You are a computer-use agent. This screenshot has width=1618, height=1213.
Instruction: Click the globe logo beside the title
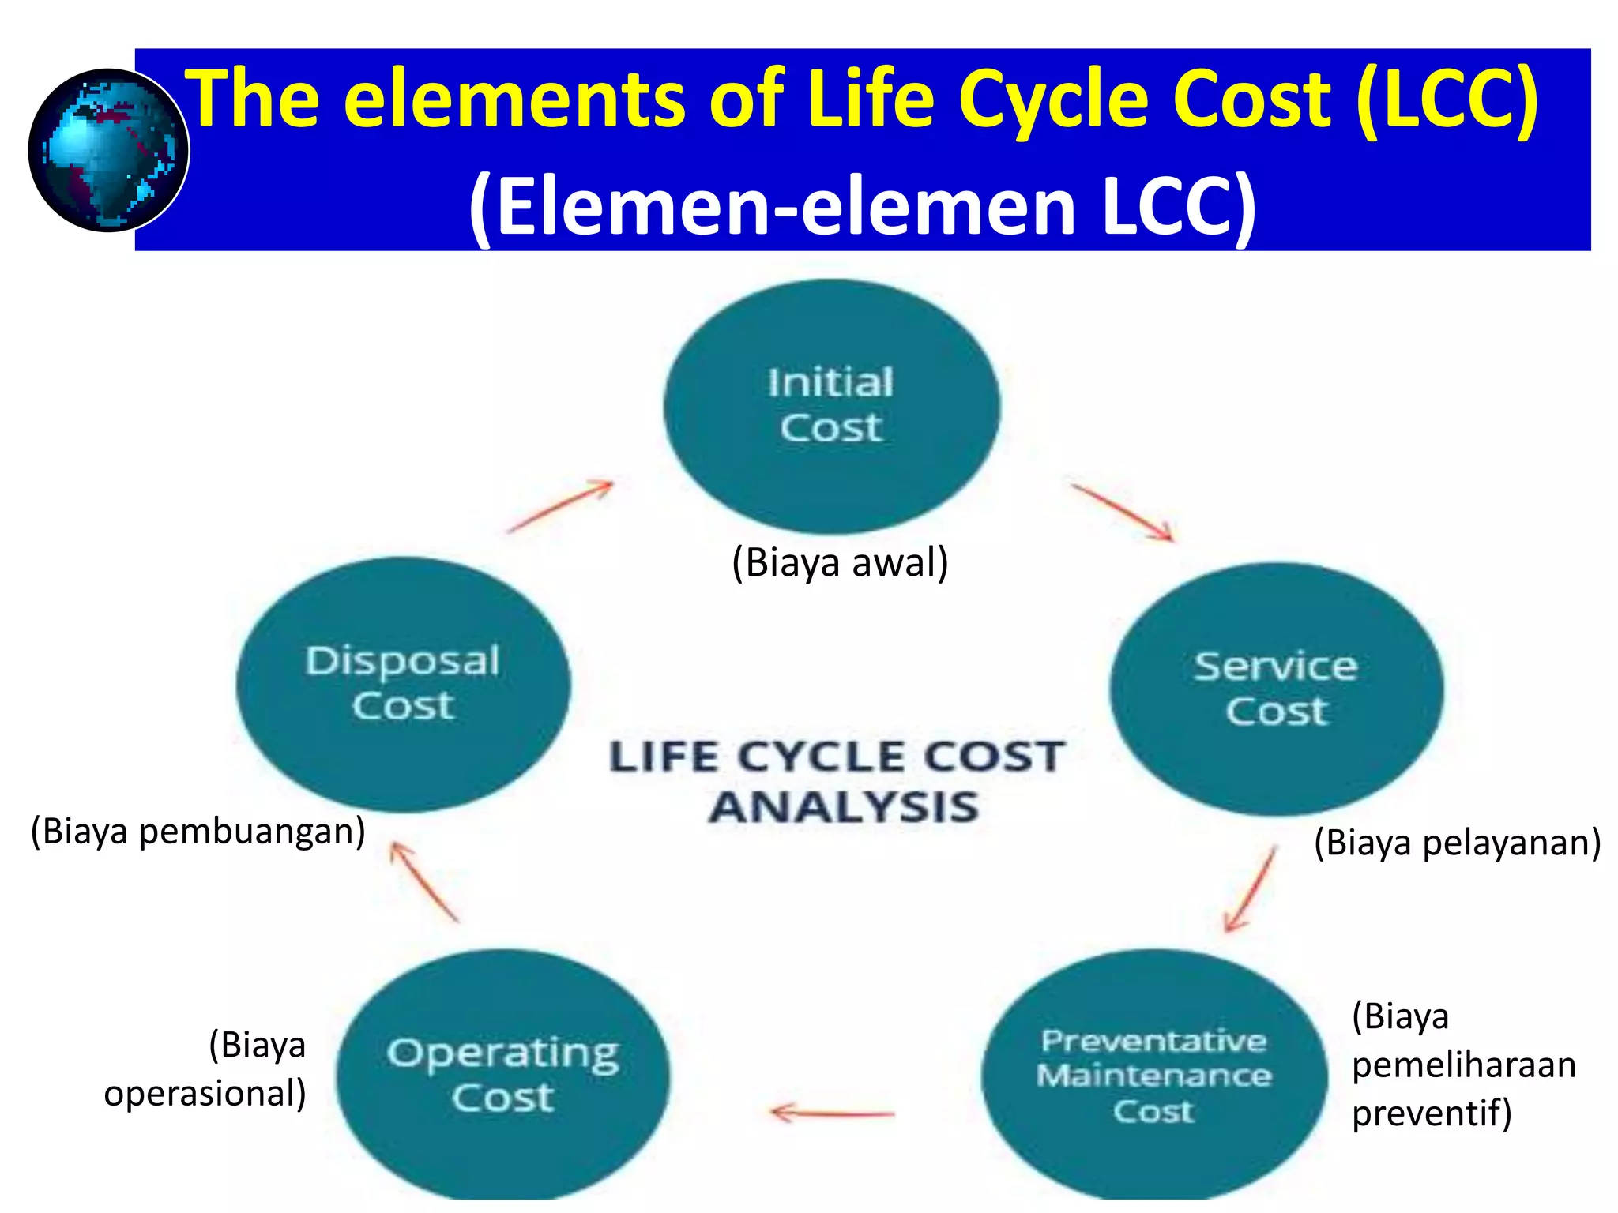pos(108,150)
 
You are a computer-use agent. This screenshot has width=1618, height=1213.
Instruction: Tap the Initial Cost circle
pos(831,406)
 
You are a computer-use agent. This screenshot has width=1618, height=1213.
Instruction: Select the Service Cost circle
pos(1276,688)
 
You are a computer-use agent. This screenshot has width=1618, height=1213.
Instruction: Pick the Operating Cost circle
pos(503,1074)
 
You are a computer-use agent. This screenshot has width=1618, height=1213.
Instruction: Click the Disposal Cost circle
pos(403,684)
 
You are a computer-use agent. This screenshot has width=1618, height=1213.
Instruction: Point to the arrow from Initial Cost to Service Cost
pos(1122,513)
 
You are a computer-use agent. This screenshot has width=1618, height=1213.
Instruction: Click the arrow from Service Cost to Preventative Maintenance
pos(1250,889)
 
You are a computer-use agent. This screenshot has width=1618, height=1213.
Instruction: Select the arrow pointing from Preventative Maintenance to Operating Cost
pos(833,1113)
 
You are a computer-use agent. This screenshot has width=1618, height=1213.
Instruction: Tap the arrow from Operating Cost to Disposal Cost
pos(424,881)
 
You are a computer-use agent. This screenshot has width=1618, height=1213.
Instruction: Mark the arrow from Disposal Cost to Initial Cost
pos(561,505)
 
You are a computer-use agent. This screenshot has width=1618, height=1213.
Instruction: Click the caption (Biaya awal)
pos(840,563)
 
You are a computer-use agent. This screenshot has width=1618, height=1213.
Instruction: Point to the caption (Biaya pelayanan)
pos(1457,843)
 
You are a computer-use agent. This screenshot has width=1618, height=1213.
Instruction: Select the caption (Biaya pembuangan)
pos(198,832)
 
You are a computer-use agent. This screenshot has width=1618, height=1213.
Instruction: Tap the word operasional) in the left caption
pos(205,1094)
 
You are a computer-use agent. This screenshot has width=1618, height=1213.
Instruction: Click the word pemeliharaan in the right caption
pos(1463,1065)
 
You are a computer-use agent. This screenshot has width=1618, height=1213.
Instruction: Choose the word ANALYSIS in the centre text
pos(843,807)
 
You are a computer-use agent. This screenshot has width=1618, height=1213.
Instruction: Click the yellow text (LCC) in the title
pos(1447,98)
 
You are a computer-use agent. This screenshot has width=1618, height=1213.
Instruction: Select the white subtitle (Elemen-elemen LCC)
pos(862,205)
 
